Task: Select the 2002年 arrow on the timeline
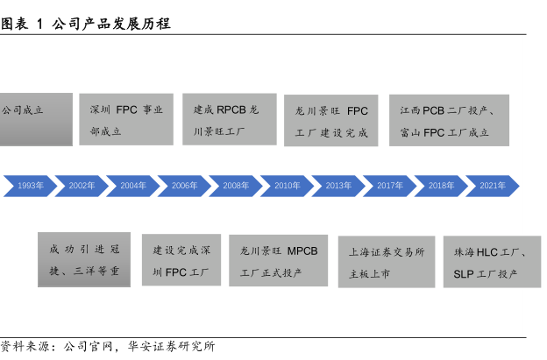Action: (82, 186)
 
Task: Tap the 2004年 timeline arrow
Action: (133, 186)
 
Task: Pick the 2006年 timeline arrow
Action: (184, 186)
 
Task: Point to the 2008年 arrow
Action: (236, 186)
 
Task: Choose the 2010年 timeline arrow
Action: (287, 186)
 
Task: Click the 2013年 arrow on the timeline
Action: (338, 186)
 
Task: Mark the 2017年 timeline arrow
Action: (389, 186)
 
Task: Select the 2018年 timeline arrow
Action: (441, 186)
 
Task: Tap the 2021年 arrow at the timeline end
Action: (493, 186)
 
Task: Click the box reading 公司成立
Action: (35, 120)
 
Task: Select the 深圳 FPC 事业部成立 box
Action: (126, 120)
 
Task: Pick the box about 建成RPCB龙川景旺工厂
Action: (229, 120)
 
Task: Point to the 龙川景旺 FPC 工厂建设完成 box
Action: (331, 121)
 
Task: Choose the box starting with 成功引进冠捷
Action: (84, 259)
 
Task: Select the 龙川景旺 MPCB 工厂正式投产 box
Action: (279, 260)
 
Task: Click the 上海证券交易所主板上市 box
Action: (387, 261)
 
